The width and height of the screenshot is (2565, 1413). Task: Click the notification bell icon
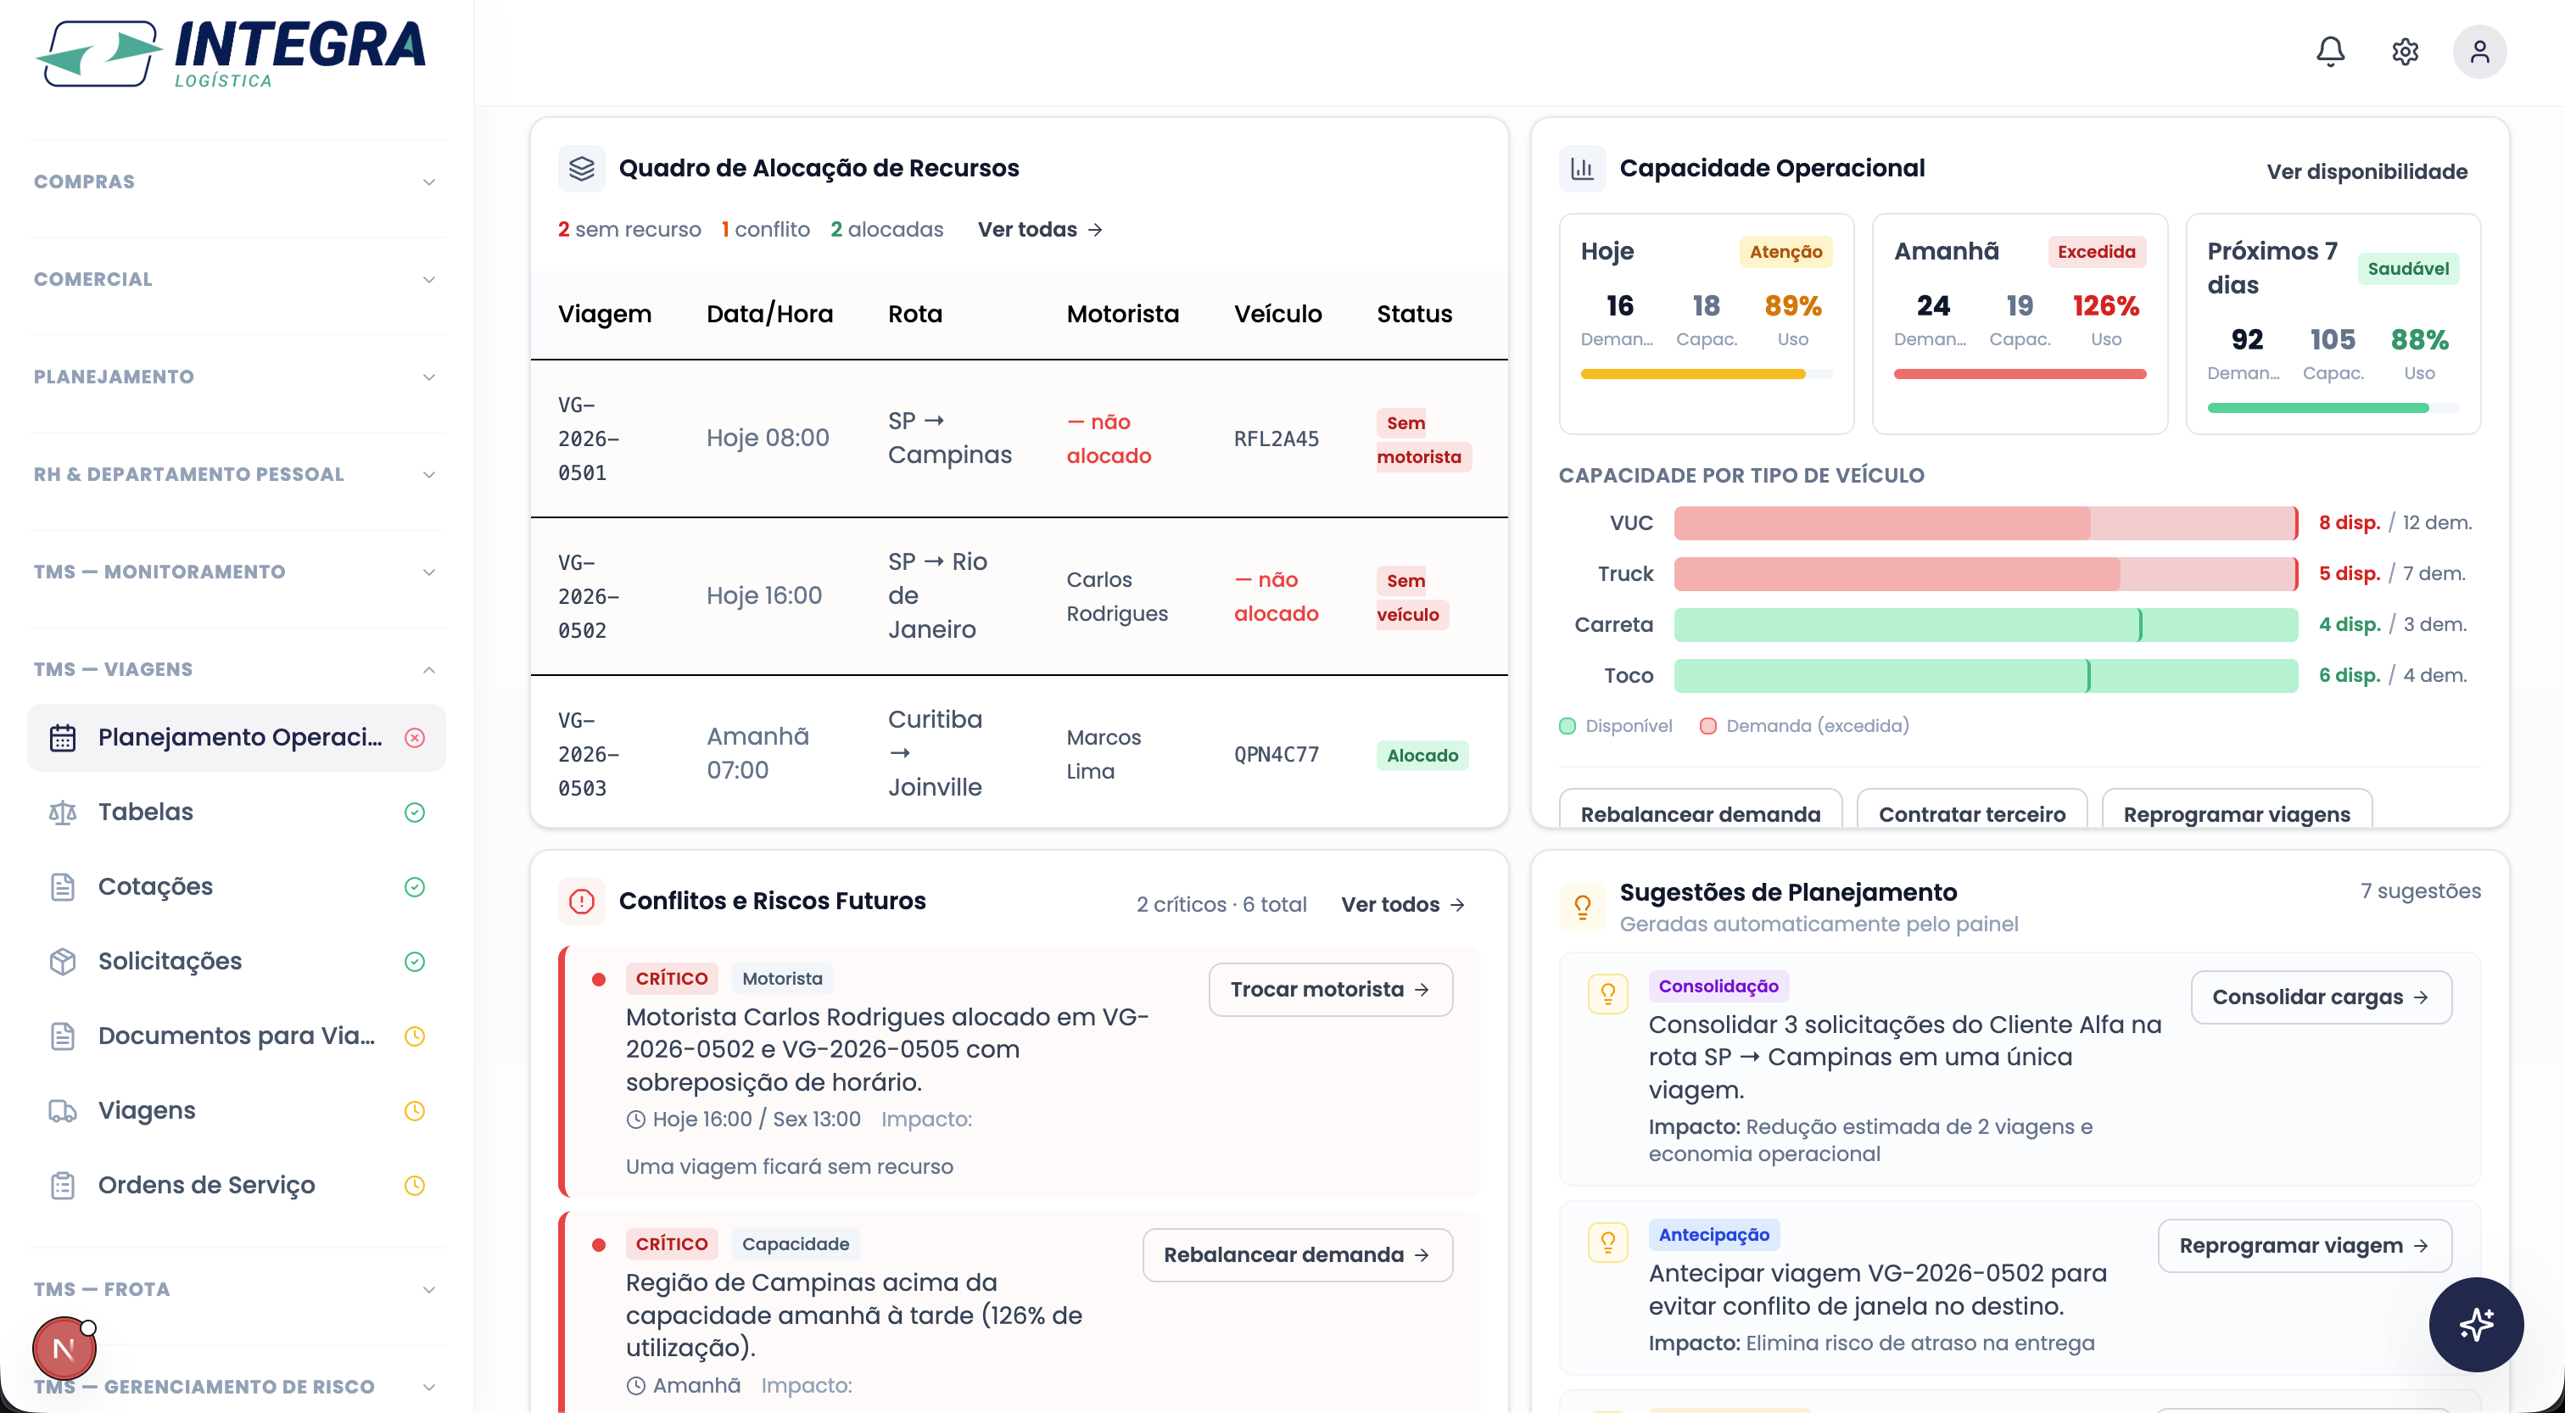click(x=2330, y=52)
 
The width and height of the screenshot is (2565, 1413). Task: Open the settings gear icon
click(x=2405, y=52)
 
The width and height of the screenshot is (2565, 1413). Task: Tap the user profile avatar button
click(x=2479, y=52)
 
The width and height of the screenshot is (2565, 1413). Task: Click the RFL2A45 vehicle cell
click(x=1277, y=438)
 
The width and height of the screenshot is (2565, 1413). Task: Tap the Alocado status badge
click(x=1422, y=755)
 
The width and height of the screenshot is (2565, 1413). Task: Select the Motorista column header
click(x=1122, y=314)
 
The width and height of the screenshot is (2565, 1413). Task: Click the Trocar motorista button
click(x=1330, y=989)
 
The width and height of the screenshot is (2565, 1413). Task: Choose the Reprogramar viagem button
click(x=2304, y=1246)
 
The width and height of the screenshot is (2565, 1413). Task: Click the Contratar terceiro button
click(x=1971, y=813)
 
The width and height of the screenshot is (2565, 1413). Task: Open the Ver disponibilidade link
click(x=2367, y=171)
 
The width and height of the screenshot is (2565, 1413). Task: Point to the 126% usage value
click(x=2105, y=305)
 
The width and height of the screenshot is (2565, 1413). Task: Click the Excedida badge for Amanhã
click(x=2096, y=252)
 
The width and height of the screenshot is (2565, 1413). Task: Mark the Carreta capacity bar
click(x=1986, y=624)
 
